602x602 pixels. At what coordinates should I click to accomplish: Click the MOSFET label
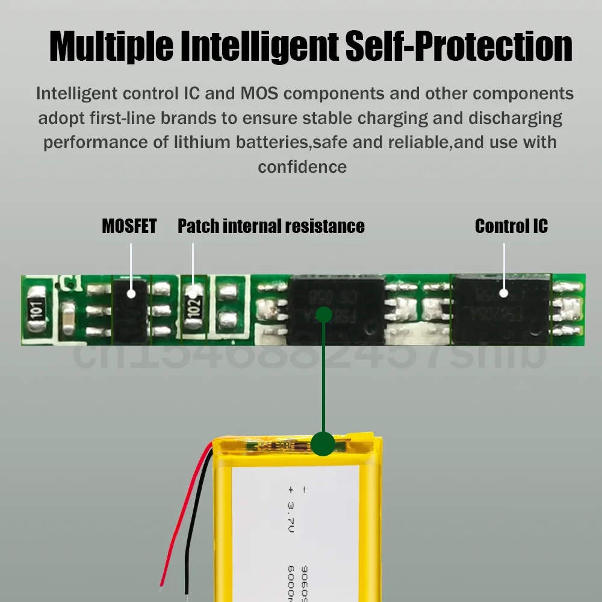[x=129, y=226]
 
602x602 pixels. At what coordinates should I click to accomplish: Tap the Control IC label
[x=511, y=226]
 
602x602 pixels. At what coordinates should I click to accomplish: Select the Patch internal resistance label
[x=271, y=226]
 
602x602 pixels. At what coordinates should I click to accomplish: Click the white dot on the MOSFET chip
[x=131, y=293]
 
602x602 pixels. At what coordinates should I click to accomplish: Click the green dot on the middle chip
[x=324, y=314]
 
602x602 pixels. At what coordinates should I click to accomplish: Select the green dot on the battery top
[x=324, y=443]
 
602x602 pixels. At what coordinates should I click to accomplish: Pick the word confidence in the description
[x=302, y=167]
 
